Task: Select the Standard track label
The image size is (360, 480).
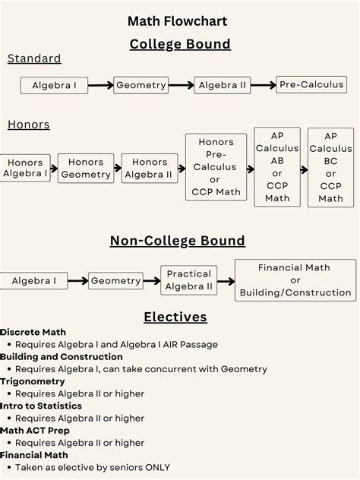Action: point(34,58)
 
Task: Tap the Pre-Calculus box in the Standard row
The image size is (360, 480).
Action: point(311,84)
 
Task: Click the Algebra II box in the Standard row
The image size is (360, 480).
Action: point(223,85)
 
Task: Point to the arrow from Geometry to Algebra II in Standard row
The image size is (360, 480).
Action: point(182,85)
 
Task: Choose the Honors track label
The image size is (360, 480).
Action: point(29,125)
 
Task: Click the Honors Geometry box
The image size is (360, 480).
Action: point(86,168)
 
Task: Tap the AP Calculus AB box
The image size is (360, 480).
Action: point(277,167)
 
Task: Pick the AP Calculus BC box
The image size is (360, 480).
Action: point(330,167)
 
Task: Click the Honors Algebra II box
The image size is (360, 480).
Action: point(149,168)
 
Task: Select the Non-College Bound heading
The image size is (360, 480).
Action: point(178,242)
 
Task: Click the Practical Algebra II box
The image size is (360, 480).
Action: point(189,280)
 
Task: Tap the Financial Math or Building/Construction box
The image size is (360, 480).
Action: point(295,279)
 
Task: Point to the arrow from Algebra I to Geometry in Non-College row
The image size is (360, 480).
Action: point(77,281)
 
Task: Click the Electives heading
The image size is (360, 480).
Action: point(175,317)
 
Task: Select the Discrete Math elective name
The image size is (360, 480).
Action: point(33,332)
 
